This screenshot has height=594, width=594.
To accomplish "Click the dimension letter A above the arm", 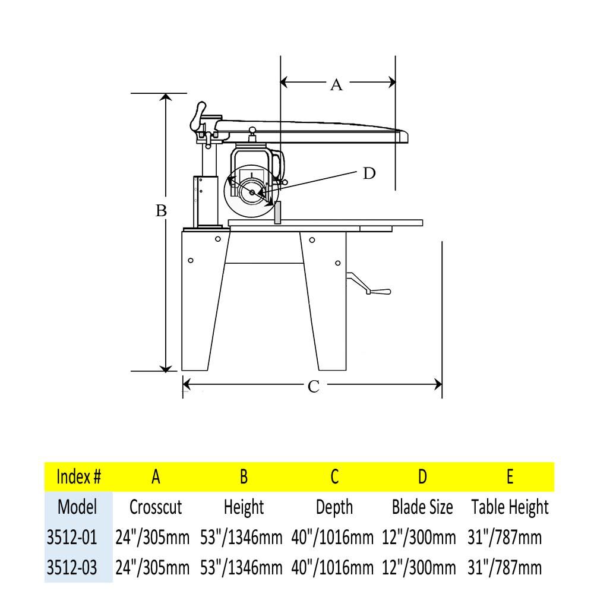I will [336, 84].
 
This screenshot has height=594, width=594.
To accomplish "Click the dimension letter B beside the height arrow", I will [161, 211].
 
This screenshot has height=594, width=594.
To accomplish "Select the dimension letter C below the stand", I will [314, 387].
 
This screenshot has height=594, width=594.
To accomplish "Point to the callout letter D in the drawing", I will [369, 173].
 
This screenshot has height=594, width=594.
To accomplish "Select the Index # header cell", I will [78, 476].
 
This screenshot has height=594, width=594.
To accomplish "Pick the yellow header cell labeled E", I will [510, 476].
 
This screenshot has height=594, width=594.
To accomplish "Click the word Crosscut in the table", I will [156, 507].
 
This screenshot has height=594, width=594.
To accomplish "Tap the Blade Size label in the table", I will [422, 507].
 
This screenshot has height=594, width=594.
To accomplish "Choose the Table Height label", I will [510, 507].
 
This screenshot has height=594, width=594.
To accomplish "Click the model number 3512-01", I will [71, 538].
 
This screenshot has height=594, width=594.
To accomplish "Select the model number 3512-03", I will [71, 567].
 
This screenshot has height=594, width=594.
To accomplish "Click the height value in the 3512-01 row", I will [244, 538].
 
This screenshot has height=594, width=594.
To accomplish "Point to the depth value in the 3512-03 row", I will [333, 567].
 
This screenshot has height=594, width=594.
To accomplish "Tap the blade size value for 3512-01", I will [422, 538].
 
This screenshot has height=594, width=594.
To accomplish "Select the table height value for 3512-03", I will [505, 567].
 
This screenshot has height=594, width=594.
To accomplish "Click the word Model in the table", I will [77, 507].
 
